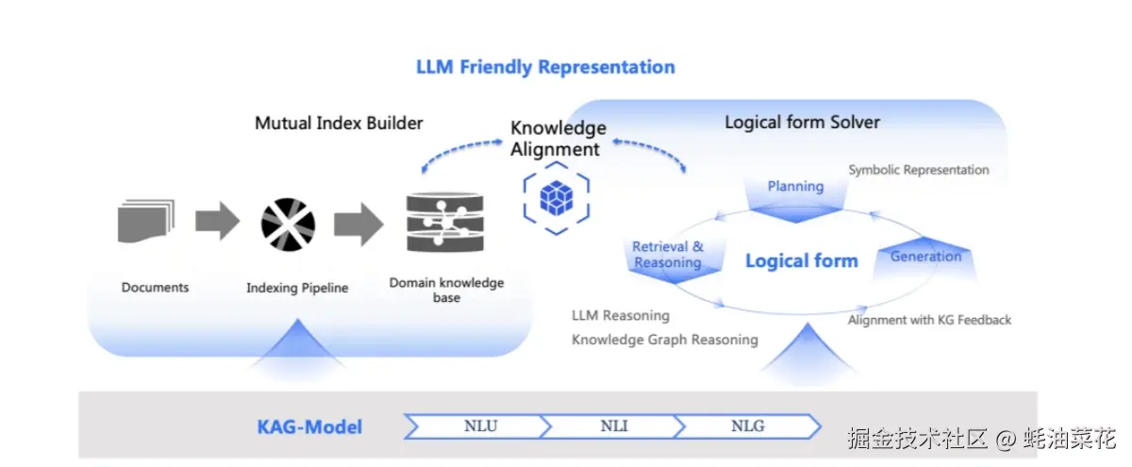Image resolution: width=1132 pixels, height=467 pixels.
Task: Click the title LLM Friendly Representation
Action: [545, 67]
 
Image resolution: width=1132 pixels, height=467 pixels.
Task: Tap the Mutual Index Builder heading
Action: [339, 123]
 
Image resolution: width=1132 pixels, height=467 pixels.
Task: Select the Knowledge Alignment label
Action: [558, 139]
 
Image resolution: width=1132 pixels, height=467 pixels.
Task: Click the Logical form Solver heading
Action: [802, 122]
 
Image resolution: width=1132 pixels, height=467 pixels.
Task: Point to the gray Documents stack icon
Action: [146, 221]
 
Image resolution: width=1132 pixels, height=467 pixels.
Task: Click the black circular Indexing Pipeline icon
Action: [288, 225]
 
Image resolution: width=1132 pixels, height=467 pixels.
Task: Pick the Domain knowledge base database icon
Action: [445, 222]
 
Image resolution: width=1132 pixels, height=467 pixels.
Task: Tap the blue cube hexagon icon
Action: [557, 198]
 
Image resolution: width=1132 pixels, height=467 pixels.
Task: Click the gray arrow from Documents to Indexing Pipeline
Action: [217, 221]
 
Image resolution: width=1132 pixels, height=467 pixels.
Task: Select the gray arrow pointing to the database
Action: [358, 224]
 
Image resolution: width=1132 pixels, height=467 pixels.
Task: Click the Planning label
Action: [795, 187]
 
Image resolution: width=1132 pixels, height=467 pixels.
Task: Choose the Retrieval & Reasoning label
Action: [668, 254]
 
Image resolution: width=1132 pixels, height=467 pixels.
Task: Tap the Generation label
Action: [925, 257]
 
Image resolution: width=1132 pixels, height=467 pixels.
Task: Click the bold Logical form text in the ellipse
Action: [802, 260]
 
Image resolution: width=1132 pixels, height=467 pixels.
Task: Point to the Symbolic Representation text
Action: [919, 170]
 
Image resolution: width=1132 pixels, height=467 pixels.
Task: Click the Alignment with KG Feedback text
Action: [929, 320]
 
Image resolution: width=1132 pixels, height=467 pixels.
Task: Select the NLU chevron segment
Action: [477, 426]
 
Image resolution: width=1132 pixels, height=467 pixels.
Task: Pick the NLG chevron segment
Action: [748, 426]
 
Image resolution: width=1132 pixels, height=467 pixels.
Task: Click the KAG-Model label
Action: [309, 427]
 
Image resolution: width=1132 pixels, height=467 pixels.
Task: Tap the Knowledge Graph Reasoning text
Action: [664, 340]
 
